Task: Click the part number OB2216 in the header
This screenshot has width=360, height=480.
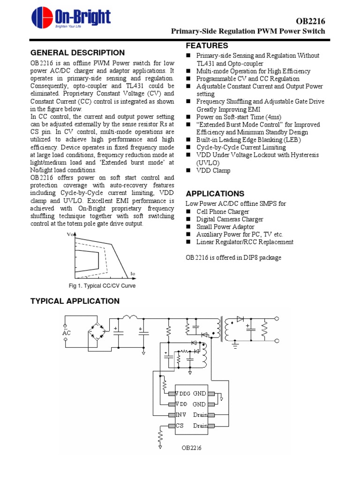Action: point(310,22)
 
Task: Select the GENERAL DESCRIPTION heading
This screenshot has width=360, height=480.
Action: point(77,53)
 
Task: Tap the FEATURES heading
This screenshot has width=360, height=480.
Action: point(207,46)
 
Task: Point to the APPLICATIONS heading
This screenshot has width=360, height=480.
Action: point(215,194)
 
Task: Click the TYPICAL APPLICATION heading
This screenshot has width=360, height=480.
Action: point(75,301)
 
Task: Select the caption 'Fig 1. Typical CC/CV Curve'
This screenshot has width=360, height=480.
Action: point(102,286)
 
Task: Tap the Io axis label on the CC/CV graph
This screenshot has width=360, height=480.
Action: point(133,274)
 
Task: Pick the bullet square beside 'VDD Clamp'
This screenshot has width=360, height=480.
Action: point(189,171)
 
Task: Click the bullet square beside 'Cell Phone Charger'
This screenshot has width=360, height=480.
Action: point(189,212)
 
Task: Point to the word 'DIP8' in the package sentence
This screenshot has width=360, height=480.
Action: point(248,257)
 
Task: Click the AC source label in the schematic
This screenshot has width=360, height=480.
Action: point(66,332)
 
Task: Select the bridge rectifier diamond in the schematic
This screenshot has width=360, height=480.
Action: point(98,333)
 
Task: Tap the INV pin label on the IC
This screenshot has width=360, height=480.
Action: point(181,415)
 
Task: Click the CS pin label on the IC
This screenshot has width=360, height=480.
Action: point(180,426)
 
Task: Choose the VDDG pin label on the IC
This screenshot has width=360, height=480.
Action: point(182,394)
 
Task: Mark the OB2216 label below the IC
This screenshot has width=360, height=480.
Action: point(192,448)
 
